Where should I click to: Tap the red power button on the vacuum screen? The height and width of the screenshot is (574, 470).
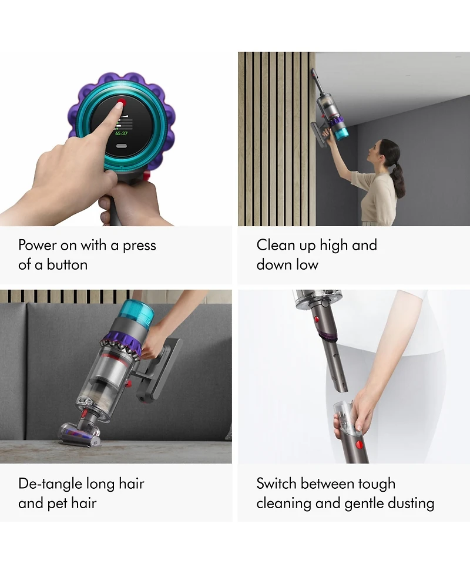pos(122,102)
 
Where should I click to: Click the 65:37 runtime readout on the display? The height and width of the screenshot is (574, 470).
pos(122,133)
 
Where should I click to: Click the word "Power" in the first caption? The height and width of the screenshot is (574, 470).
pos(38,245)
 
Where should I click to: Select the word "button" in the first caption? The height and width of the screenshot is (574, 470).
pos(67,264)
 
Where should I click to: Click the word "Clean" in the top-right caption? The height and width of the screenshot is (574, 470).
pos(276,245)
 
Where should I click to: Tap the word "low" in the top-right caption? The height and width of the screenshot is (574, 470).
pos(307,264)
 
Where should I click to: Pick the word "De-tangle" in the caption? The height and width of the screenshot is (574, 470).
pos(50,484)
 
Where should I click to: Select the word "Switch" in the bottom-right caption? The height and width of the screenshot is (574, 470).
pos(276,484)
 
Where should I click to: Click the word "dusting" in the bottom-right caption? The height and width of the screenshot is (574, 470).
pos(411,503)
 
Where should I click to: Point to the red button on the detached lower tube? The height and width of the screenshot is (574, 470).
pos(359,446)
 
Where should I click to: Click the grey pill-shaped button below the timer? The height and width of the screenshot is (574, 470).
pos(122,146)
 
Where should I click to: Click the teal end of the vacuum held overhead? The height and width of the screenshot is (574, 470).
pos(340,130)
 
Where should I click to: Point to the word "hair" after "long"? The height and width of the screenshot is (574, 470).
pos(132,484)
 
